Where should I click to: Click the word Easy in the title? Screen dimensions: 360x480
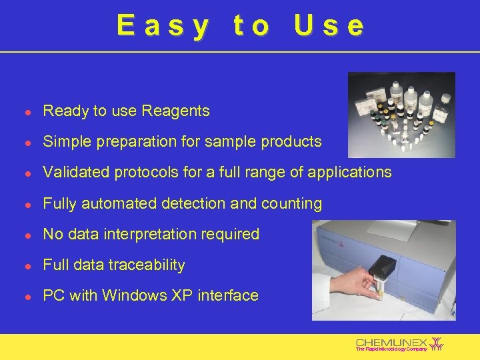point(162,26)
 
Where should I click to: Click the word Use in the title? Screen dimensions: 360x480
point(329,26)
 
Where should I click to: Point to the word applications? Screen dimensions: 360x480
point(352,173)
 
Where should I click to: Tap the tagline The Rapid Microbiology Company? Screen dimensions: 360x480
point(391,349)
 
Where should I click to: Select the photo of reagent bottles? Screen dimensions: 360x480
point(401,115)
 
